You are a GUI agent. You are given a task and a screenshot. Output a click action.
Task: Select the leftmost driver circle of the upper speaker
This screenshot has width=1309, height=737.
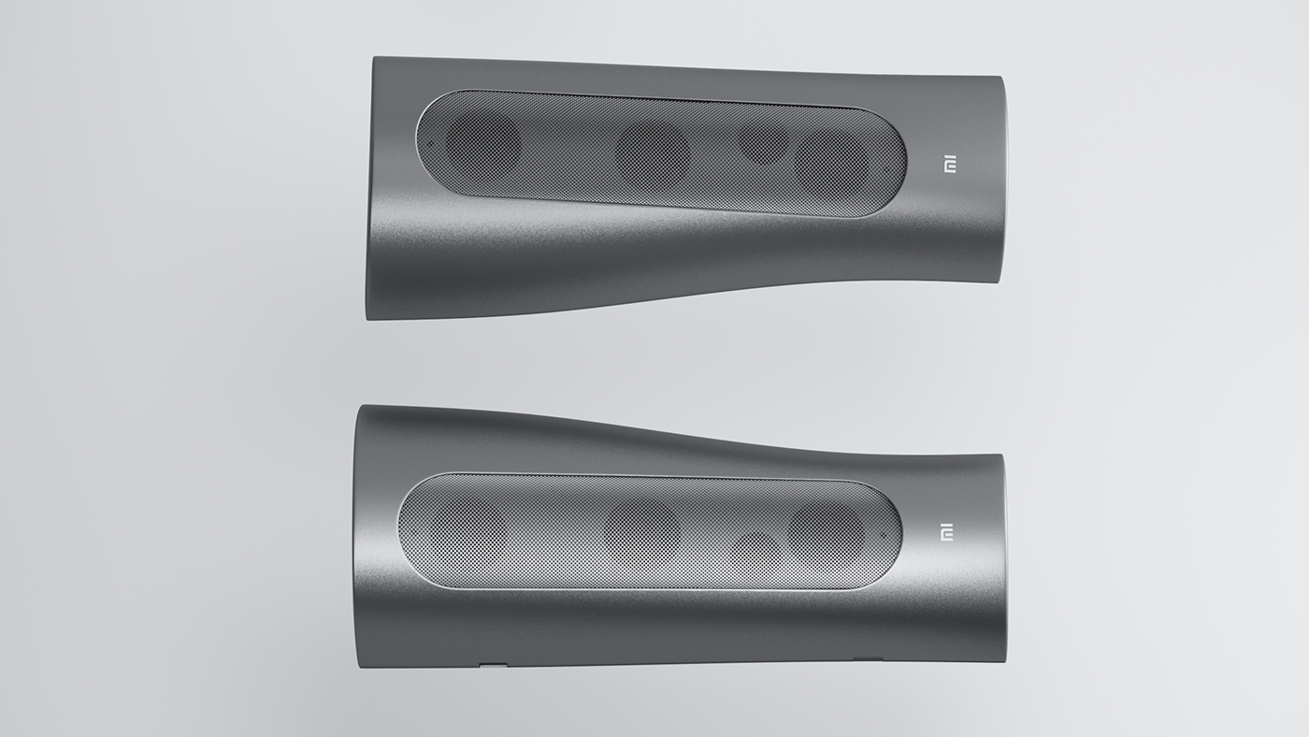482,145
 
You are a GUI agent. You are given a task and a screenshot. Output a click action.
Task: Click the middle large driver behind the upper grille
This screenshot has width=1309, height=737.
652,153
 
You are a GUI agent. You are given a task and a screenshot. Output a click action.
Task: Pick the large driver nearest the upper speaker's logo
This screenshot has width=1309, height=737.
831,161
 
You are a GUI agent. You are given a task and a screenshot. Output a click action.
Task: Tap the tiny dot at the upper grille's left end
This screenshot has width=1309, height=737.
429,144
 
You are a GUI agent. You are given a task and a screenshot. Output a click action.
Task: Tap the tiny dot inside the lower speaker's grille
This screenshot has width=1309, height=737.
881,536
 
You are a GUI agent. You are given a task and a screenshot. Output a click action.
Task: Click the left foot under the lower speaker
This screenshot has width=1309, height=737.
493,665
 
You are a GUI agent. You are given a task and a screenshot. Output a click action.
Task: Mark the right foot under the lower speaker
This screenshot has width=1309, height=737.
868,659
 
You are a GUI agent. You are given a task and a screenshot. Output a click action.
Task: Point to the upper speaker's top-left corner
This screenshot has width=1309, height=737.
375,60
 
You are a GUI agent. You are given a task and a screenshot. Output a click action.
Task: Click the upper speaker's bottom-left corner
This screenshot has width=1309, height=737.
369,316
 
